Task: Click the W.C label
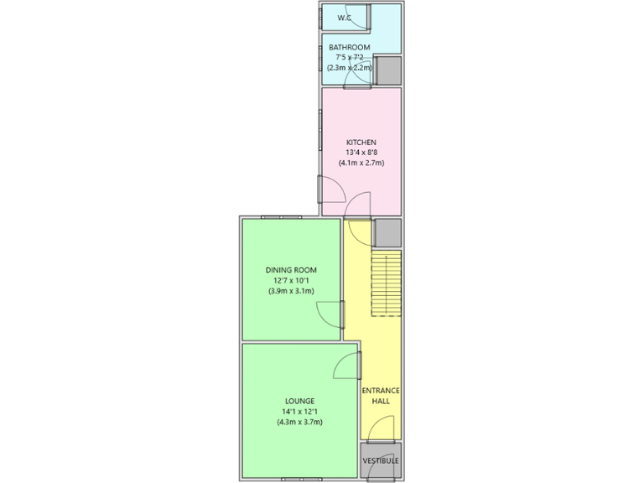(345, 18)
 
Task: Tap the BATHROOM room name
(349, 47)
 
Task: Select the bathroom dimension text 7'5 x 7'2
(349, 57)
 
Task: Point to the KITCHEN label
(361, 143)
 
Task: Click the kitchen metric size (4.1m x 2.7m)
(361, 163)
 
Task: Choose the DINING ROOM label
(291, 270)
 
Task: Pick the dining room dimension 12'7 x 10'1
(291, 280)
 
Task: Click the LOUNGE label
(299, 401)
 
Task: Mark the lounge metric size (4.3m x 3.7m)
(299, 422)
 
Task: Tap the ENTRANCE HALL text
(381, 396)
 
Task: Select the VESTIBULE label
(381, 461)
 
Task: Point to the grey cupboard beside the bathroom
(387, 70)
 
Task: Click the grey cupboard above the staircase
(387, 231)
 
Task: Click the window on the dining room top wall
(281, 216)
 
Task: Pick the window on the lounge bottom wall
(302, 479)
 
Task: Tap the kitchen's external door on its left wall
(319, 190)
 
